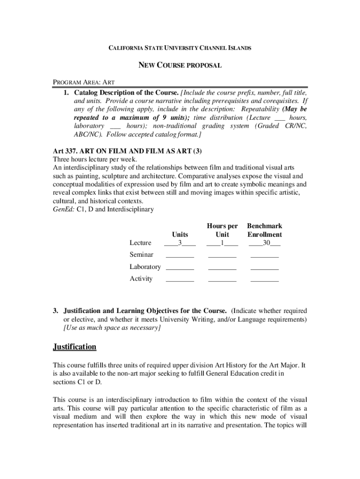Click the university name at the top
coord(180,48)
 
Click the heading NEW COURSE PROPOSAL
coord(180,65)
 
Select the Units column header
coord(180,234)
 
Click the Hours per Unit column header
coord(223,230)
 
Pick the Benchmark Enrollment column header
coord(265,230)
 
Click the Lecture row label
coord(140,243)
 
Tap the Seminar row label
coord(141,254)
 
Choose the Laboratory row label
coord(145,267)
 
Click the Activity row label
coord(141,279)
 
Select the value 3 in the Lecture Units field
coord(180,243)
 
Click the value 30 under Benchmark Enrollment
coord(265,243)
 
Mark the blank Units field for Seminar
coord(180,255)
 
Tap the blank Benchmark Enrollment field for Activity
coord(265,280)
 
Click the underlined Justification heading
coord(75,347)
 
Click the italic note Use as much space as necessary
coord(112,328)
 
